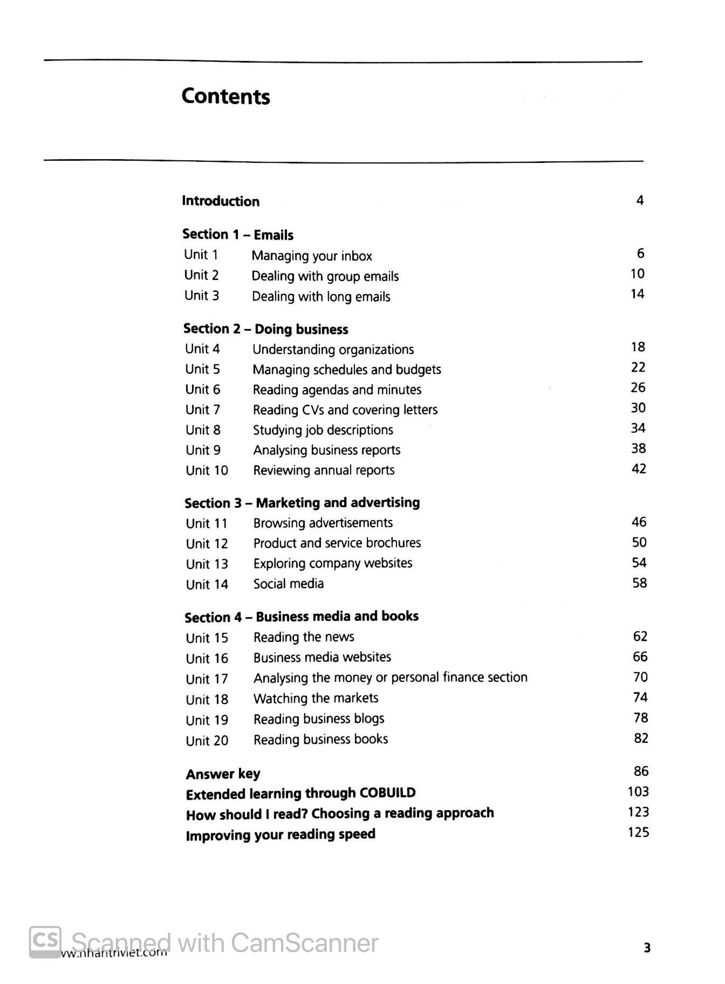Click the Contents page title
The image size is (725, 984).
point(225,96)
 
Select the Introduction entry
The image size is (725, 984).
point(221,201)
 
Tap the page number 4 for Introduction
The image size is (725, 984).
point(640,201)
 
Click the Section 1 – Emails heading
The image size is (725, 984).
point(238,235)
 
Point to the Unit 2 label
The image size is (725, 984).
point(201,275)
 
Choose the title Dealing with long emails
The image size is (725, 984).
point(321,297)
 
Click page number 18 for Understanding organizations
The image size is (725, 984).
point(638,347)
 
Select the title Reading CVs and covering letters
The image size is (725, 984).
point(345,410)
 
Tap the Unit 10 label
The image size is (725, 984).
point(207,470)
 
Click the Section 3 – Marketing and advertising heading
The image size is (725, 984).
point(302,503)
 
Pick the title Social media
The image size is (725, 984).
point(289,584)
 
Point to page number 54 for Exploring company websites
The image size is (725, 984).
point(639,563)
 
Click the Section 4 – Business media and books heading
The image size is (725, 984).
point(302,617)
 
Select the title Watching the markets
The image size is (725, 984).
point(316,698)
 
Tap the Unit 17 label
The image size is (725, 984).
point(207,679)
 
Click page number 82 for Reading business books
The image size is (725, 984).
point(641,738)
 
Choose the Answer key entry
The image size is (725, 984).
point(223,774)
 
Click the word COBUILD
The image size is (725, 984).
point(387,793)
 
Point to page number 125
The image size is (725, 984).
point(638,832)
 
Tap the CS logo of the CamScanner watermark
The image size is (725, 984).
point(45,941)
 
